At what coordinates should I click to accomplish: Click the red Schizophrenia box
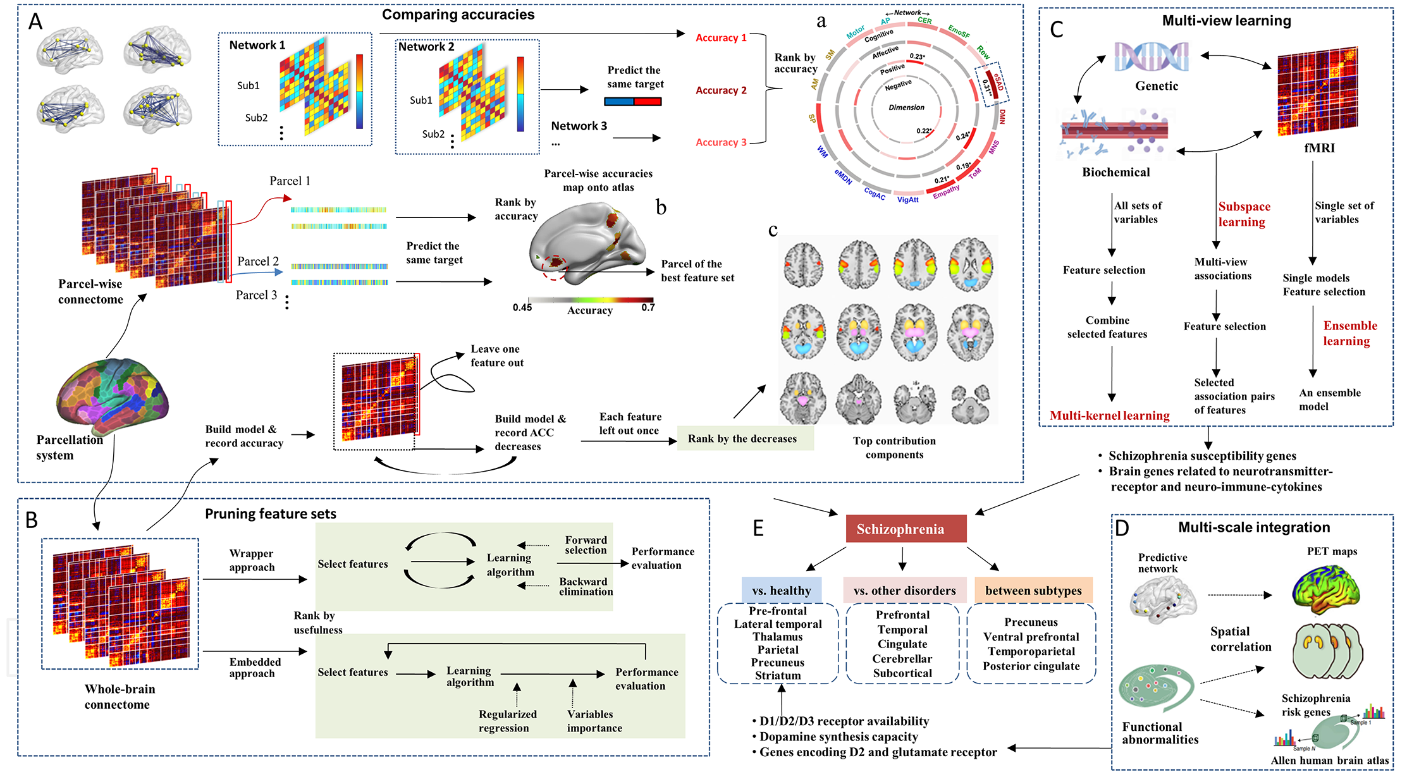(x=906, y=529)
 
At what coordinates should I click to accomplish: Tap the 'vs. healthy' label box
(x=782, y=591)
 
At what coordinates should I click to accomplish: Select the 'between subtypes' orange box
(x=1033, y=591)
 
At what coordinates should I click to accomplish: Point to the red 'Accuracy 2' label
(x=721, y=90)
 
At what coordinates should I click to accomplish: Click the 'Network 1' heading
(x=257, y=45)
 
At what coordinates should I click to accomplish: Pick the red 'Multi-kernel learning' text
(x=1109, y=415)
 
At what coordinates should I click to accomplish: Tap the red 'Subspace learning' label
(x=1243, y=214)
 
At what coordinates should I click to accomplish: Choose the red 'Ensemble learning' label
(x=1349, y=333)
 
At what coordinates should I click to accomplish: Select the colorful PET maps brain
(x=1325, y=589)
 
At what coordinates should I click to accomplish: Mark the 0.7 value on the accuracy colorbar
(x=648, y=307)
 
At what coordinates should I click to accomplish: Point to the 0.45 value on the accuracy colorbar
(x=522, y=307)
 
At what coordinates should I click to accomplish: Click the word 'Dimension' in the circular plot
(x=906, y=107)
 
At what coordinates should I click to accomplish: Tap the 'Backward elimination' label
(x=586, y=586)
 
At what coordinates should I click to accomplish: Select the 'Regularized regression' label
(x=507, y=721)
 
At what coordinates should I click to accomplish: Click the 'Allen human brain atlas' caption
(x=1329, y=760)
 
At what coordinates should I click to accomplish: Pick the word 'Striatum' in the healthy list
(x=778, y=675)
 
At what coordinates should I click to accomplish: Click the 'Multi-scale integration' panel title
(x=1253, y=527)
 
